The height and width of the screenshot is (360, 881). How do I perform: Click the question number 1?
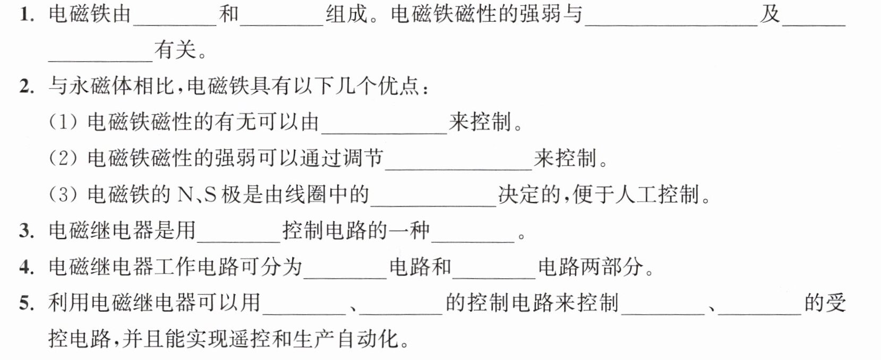pos(27,15)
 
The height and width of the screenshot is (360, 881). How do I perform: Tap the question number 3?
pos(27,231)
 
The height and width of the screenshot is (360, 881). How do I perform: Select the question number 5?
pos(27,303)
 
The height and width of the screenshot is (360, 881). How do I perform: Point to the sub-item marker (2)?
pos(63,158)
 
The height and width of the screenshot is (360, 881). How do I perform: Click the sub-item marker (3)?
pos(63,194)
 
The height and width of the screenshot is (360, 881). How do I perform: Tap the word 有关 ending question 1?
pos(175,50)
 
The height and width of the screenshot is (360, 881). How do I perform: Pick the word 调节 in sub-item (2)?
pos(363,158)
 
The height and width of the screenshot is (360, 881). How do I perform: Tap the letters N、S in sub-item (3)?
pos(197,195)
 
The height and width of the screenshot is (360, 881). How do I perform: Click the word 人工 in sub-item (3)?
pos(636,194)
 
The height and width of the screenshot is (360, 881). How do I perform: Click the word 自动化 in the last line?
pos(367,339)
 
